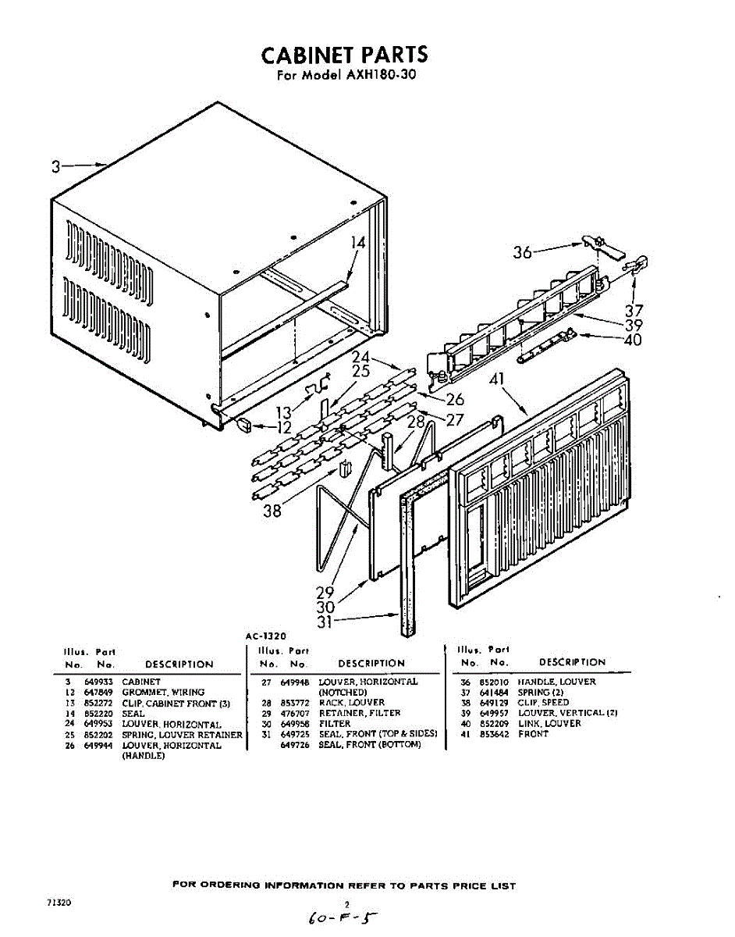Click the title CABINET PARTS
344,55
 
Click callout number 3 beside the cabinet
56,166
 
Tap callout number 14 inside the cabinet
357,243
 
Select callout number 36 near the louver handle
522,252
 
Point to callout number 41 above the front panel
497,380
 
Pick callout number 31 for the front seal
326,622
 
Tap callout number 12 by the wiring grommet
283,428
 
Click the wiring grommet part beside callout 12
243,424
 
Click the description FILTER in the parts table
335,724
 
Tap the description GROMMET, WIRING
163,693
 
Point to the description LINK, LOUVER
549,724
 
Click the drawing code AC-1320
266,636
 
